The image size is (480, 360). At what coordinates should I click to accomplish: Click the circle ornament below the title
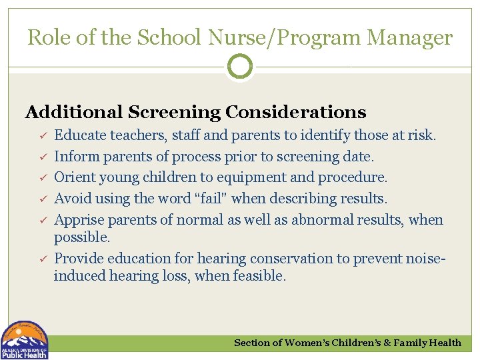point(240,67)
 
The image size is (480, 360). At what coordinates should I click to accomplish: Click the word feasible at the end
point(260,275)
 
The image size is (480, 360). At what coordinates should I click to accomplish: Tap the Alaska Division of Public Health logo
point(25,340)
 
